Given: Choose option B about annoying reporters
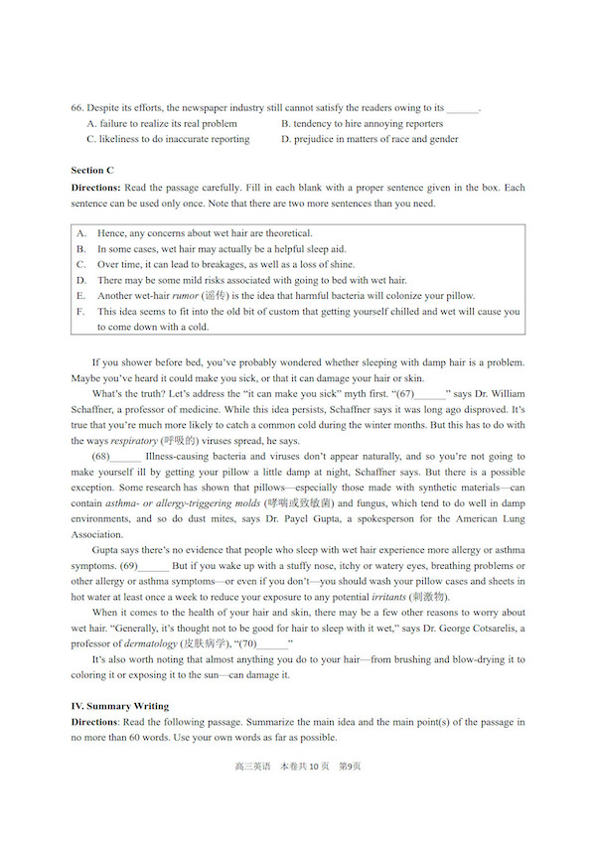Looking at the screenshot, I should tap(362, 124).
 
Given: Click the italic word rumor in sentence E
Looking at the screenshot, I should tap(185, 296).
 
